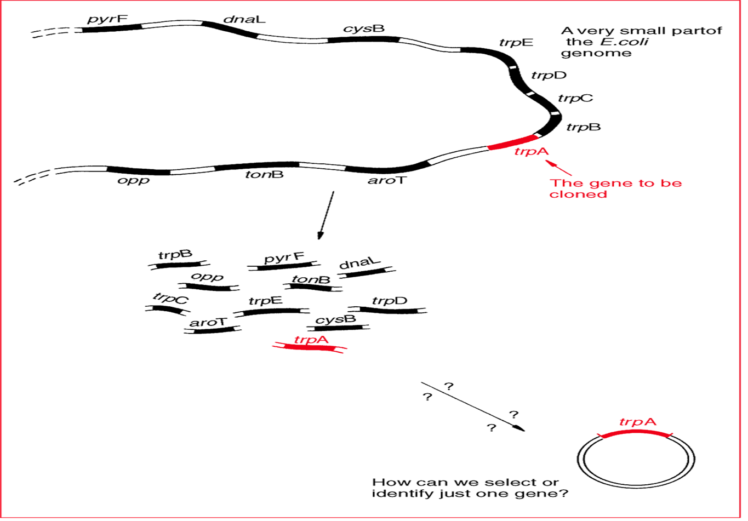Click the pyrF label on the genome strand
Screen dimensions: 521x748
(107, 20)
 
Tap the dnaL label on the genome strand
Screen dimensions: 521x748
(244, 20)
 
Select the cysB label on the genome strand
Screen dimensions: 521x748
(363, 28)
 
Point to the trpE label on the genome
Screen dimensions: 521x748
(516, 43)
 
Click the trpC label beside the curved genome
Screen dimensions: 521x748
(575, 99)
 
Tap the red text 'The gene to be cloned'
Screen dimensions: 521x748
(615, 188)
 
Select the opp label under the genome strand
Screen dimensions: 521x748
(134, 180)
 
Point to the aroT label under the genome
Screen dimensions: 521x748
(387, 180)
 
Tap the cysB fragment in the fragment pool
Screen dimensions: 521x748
(338, 327)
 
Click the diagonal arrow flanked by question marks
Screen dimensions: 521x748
(472, 407)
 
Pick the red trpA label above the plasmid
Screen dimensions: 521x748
(637, 422)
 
